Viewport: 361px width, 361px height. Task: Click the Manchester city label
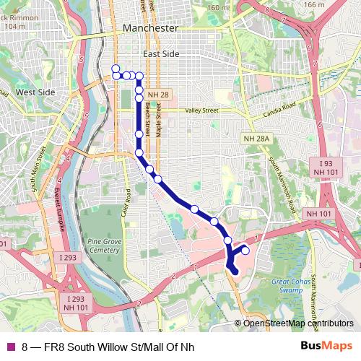click(x=150, y=27)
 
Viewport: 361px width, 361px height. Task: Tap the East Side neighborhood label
click(x=160, y=54)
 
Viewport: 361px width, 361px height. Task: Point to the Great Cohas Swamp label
click(x=291, y=285)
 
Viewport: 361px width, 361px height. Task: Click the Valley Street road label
click(x=201, y=111)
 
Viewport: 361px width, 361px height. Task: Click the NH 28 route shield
click(x=157, y=95)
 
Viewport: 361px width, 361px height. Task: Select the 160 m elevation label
click(x=217, y=8)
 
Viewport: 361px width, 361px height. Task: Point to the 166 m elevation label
click(x=314, y=5)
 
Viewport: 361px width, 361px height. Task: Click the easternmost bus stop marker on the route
click(x=245, y=251)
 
